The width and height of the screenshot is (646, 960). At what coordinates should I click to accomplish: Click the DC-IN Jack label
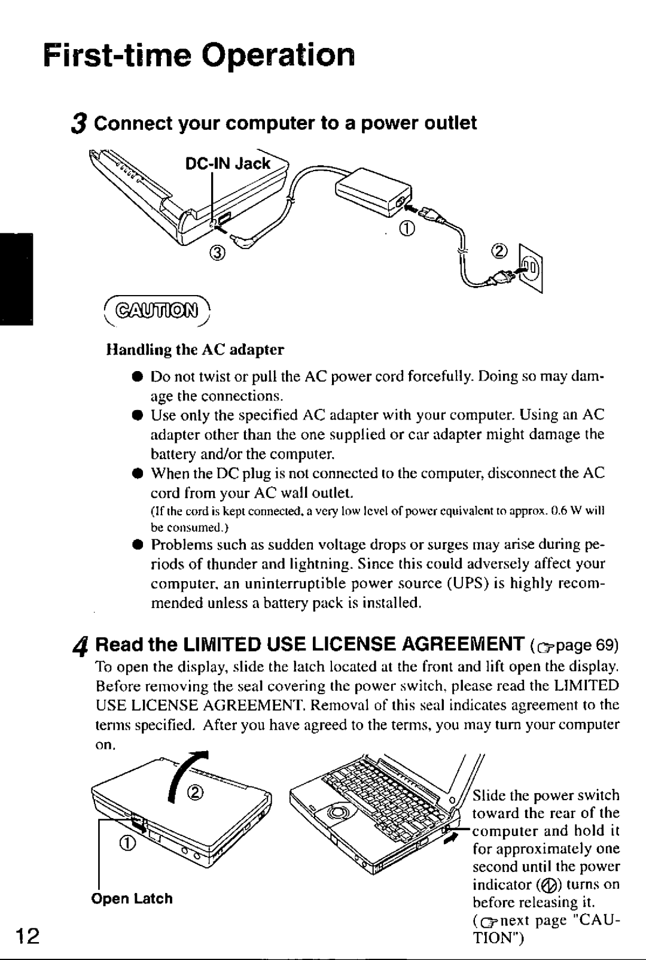pos(227,163)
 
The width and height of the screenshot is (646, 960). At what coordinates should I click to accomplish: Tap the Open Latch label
pos(132,898)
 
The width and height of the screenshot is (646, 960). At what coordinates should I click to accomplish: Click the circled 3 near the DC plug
pos(218,253)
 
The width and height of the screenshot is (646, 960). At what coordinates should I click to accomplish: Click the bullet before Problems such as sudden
pos(136,545)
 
